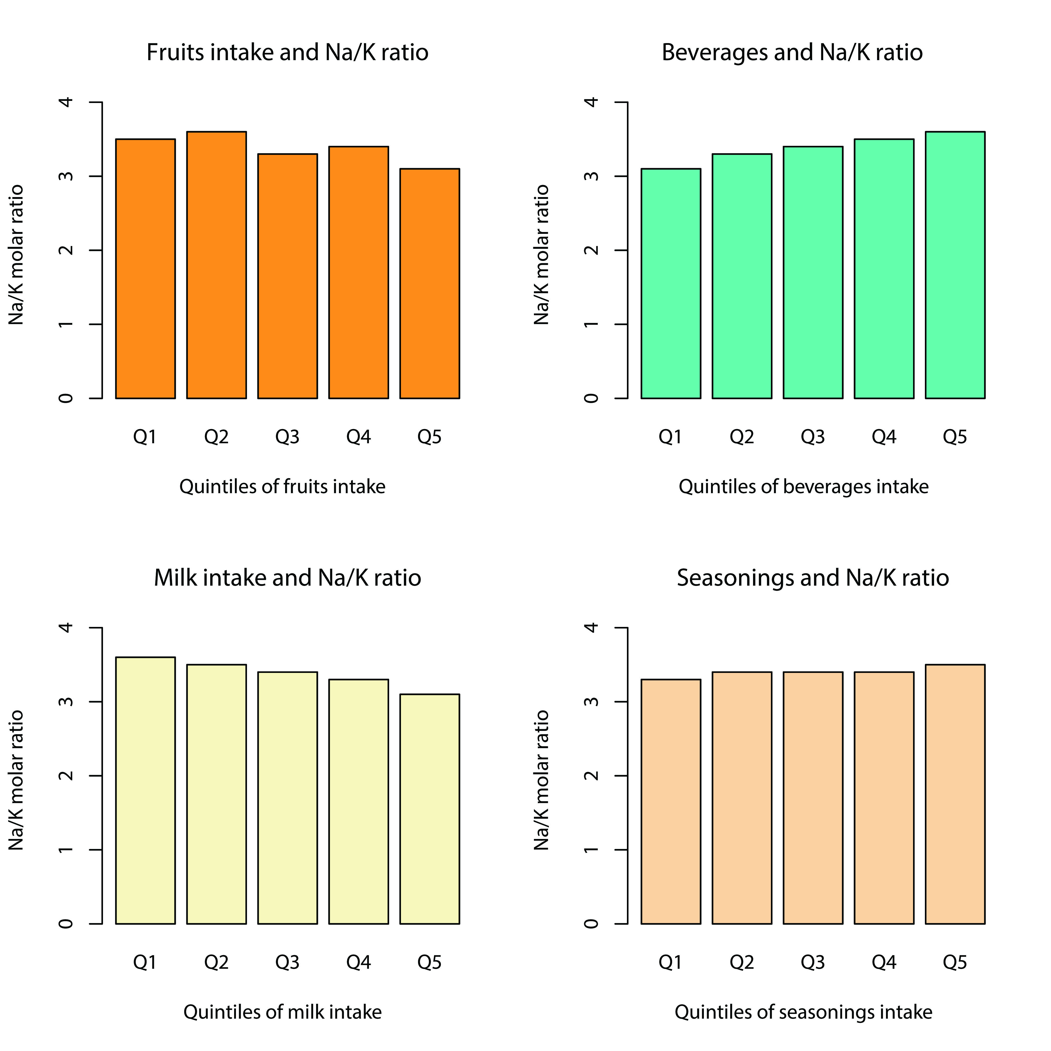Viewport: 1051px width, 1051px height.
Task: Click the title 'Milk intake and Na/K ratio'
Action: pyautogui.click(x=287, y=578)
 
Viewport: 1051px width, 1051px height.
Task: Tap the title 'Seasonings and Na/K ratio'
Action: pyautogui.click(x=813, y=578)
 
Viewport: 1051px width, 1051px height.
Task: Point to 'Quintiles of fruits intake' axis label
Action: pyautogui.click(x=282, y=486)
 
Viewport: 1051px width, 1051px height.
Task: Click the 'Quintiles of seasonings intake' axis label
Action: pyautogui.click(x=803, y=1012)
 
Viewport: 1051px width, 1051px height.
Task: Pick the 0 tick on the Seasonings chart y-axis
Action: pyautogui.click(x=592, y=924)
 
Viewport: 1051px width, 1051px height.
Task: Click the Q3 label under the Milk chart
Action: pyautogui.click(x=287, y=963)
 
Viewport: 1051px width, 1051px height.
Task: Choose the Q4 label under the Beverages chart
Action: pyautogui.click(x=884, y=437)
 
